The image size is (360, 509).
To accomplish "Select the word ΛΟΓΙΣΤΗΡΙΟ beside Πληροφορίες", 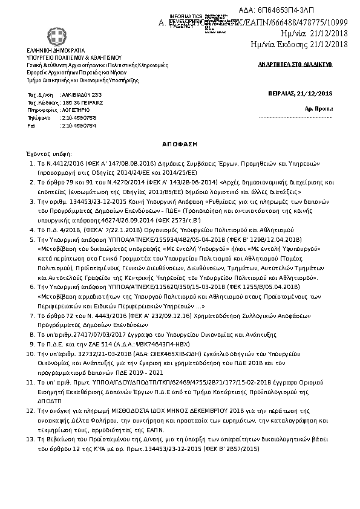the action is coord(76,111).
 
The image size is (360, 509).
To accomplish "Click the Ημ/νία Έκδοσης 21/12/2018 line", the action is coord(300,44).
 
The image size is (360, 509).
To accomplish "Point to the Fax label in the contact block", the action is coord(32,126).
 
